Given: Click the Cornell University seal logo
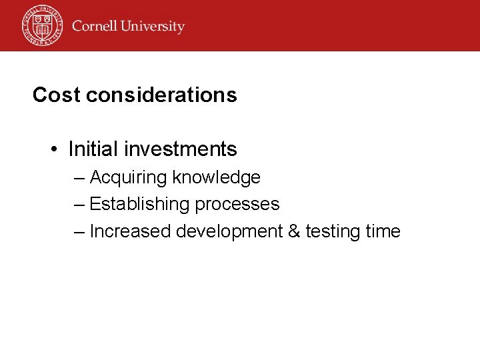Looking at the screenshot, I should coord(41,25).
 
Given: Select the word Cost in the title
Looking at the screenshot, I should coord(56,95).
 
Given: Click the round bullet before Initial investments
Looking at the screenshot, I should coord(55,149).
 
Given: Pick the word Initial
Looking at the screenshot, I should coord(90,149).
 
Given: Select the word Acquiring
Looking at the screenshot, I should coord(128,178).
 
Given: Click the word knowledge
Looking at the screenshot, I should coord(216,178).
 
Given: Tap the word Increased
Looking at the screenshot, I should coord(130,231).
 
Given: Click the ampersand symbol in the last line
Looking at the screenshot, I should coord(295,231).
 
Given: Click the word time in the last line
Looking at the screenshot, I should coord(383,231).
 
